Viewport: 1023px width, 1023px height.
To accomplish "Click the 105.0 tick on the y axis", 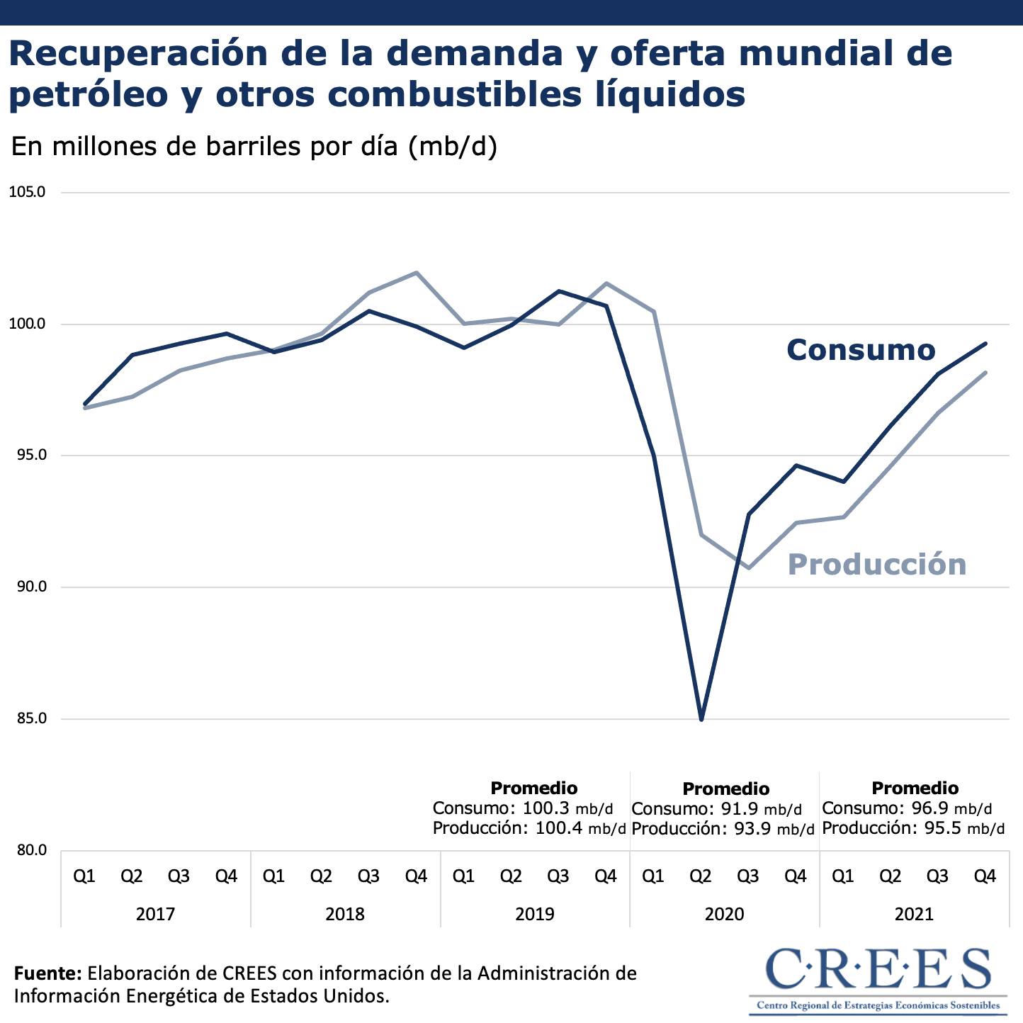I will pyautogui.click(x=27, y=192).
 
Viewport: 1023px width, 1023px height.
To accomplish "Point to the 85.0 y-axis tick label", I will pyautogui.click(x=27, y=719).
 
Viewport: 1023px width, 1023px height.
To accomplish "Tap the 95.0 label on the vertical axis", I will pyautogui.click(x=27, y=456).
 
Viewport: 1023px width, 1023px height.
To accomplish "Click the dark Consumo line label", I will pyautogui.click(x=861, y=350).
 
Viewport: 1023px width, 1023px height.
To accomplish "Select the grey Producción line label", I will pyautogui.click(x=877, y=565).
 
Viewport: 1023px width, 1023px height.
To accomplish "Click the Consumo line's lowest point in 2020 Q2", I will pyautogui.click(x=701, y=719).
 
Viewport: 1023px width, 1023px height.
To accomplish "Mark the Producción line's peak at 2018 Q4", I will pyautogui.click(x=417, y=272).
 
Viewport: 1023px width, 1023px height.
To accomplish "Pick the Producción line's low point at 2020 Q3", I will pyautogui.click(x=749, y=568).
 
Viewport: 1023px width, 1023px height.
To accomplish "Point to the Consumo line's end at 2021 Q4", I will pyautogui.click(x=985, y=344).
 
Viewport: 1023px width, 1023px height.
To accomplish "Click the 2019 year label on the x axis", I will pyautogui.click(x=535, y=914).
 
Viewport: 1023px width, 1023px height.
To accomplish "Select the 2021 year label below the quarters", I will pyautogui.click(x=914, y=914).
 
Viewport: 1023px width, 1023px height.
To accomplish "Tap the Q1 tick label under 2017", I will pyautogui.click(x=84, y=877).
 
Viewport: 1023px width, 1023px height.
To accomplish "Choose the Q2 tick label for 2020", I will pyautogui.click(x=701, y=877).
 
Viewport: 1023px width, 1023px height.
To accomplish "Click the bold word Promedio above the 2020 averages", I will pyautogui.click(x=725, y=789).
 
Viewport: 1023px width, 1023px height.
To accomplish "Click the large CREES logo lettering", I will pyautogui.click(x=878, y=969).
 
